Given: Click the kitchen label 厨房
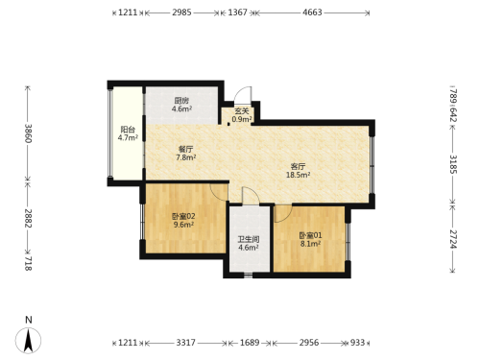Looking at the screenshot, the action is pos(181,101).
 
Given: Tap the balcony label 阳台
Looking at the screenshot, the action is pos(128,130).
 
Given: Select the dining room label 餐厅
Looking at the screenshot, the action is pos(186,149).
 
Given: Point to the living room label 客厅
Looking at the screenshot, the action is pos(298,166).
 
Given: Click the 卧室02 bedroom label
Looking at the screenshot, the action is pos(183,216).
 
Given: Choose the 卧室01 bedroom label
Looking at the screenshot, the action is pos(310,235).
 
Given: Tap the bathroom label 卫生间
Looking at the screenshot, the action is pos(249,239).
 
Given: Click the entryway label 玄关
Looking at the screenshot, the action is pos(242,111).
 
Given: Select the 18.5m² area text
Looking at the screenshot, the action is pos(298,175).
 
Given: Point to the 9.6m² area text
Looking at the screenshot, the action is pos(183,225).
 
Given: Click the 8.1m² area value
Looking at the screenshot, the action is pos(310,244).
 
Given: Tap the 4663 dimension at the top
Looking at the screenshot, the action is pos(312,12).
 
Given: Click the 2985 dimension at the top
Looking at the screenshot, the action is pos(181,12).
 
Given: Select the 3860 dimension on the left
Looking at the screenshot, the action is pos(29,133).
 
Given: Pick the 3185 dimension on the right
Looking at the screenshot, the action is pos(453,164).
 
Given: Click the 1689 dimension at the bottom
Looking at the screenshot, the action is pos(250,343).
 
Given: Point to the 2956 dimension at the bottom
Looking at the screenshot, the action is pos(309,343).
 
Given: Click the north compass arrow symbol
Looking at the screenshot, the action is pos(29,341).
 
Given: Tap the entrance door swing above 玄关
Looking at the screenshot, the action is pos(244,93).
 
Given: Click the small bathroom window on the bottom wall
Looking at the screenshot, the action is pos(248,275).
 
